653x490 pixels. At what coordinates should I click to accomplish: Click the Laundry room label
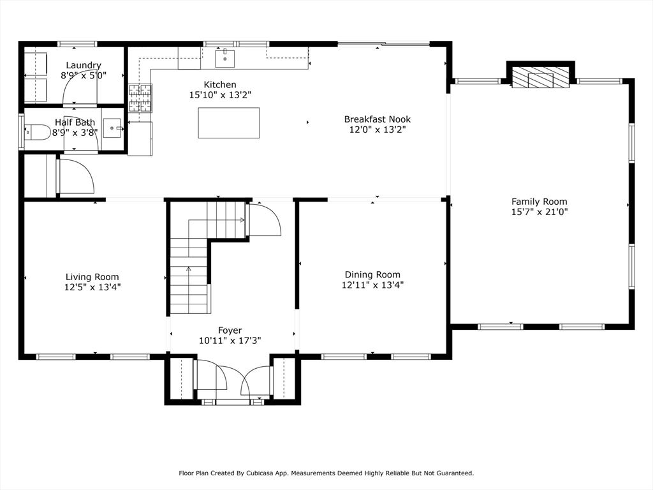(84, 66)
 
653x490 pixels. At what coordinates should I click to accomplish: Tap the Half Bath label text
(75, 122)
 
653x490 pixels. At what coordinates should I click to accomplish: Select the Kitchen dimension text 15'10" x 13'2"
(220, 95)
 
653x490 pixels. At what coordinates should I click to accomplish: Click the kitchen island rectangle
(229, 122)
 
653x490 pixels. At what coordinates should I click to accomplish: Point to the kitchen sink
(225, 58)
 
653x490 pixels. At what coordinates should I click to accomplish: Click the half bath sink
(113, 128)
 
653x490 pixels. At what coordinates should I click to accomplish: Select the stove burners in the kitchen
(140, 98)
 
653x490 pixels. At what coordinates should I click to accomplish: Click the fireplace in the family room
(541, 78)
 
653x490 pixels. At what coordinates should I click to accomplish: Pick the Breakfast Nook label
(378, 119)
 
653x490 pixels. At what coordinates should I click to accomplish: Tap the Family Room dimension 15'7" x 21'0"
(539, 212)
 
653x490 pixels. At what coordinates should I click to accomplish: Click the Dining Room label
(372, 275)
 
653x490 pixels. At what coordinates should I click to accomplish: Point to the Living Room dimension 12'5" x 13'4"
(92, 287)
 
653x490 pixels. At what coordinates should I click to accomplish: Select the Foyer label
(230, 331)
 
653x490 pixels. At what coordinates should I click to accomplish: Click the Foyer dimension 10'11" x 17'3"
(230, 341)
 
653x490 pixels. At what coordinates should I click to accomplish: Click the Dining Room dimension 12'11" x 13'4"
(372, 285)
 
